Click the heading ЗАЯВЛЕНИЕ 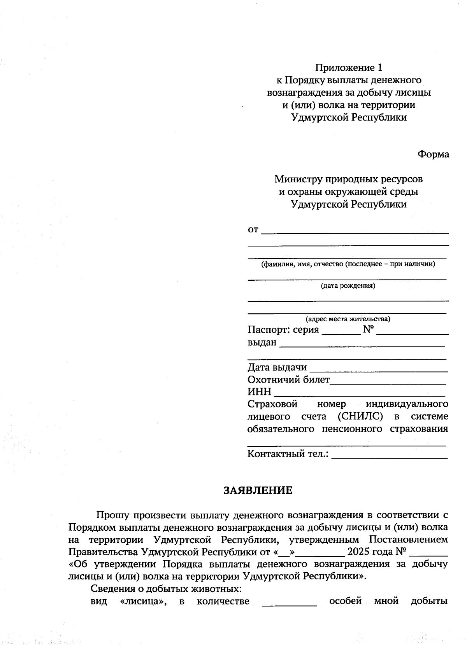click(x=258, y=490)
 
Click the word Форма click(x=433, y=154)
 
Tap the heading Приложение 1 click(x=349, y=68)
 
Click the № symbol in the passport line click(x=368, y=330)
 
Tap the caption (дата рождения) click(x=348, y=286)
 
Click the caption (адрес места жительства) click(x=348, y=319)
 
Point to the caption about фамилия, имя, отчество click(x=348, y=264)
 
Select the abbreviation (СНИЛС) click(x=360, y=416)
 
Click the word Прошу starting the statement click(x=112, y=515)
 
